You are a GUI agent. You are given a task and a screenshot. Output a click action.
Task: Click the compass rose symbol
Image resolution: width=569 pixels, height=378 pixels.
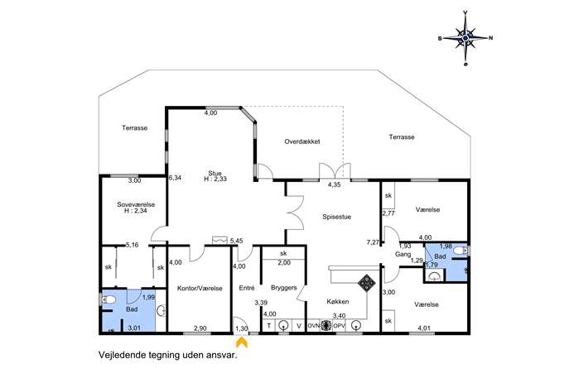point(465,38)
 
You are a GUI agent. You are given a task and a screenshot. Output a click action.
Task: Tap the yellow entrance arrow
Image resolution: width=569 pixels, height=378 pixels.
point(242,342)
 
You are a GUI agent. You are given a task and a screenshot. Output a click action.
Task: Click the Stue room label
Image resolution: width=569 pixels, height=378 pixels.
point(215,173)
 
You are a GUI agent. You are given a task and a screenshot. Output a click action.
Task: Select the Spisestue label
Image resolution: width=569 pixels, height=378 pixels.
point(337,217)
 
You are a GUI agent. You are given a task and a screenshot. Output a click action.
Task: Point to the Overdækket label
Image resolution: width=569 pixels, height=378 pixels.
point(302,141)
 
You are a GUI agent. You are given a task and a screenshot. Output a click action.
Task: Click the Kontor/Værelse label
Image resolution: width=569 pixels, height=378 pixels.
point(200,289)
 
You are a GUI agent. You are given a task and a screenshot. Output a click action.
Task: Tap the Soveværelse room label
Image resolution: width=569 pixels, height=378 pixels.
point(136,204)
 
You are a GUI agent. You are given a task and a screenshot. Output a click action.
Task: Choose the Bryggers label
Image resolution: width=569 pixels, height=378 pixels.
point(284,288)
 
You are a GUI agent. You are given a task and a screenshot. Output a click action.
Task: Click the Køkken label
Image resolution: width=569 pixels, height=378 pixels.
point(337,302)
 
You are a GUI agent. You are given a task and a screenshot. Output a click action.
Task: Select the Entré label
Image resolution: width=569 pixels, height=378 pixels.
point(247,288)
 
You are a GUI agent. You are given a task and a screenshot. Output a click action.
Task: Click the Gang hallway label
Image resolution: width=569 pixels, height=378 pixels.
point(403,255)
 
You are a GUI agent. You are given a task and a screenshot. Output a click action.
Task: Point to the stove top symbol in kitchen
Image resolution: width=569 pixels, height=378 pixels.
point(367,283)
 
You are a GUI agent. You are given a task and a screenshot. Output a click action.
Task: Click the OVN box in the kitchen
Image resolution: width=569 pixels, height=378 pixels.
point(314,326)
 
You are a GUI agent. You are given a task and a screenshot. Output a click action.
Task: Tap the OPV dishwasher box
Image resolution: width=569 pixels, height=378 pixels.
point(339,326)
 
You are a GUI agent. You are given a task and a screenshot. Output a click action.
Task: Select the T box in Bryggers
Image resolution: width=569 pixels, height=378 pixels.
point(269,326)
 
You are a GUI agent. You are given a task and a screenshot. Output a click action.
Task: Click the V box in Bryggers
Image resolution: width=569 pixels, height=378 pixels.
point(299,326)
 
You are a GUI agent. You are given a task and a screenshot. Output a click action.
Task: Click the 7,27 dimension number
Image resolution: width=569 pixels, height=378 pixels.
point(373,242)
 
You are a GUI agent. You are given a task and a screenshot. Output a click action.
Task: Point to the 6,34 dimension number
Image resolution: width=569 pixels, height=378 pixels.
point(175,178)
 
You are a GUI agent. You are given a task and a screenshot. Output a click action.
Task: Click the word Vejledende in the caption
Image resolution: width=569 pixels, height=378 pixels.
point(122,355)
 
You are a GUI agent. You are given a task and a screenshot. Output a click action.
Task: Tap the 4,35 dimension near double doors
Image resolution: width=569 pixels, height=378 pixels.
point(335,184)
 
